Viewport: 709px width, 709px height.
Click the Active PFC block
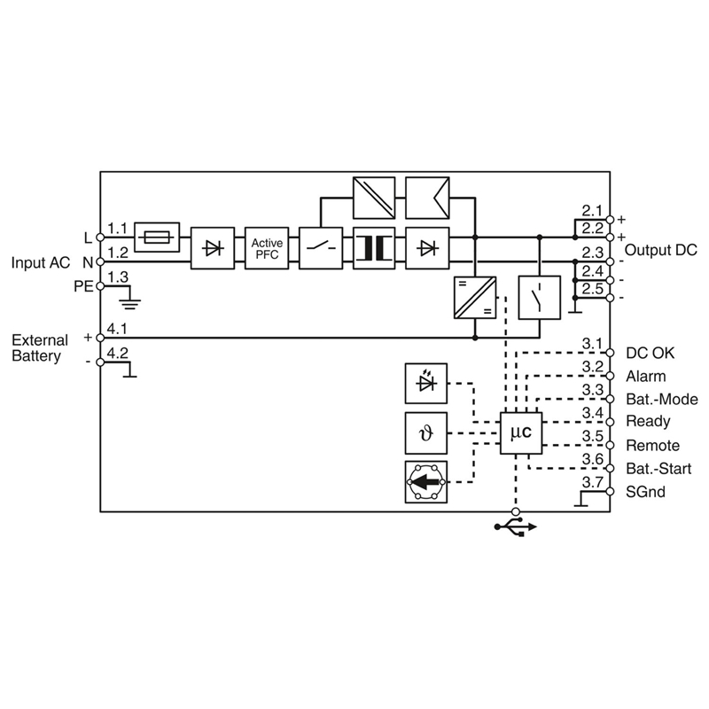point(267,248)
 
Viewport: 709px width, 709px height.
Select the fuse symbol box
point(157,237)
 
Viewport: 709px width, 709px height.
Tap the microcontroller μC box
point(521,433)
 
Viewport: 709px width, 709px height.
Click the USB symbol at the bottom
point(516,527)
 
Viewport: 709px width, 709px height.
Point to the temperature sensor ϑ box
point(426,433)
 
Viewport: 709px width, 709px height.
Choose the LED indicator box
point(426,384)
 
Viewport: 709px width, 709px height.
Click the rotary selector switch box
point(426,482)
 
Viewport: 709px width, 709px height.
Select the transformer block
point(373,248)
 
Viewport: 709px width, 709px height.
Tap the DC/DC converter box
point(475,298)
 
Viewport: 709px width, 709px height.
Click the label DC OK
point(650,353)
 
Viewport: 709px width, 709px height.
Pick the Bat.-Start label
point(658,469)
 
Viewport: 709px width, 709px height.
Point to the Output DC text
point(660,250)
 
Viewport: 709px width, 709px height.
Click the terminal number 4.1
point(117,329)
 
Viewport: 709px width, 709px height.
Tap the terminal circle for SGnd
point(610,492)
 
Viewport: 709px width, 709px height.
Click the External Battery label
point(40,347)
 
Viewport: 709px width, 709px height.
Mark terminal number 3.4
point(592,413)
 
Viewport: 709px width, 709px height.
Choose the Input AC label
point(41,262)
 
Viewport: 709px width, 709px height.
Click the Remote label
point(652,446)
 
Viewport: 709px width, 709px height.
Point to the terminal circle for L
point(100,238)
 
